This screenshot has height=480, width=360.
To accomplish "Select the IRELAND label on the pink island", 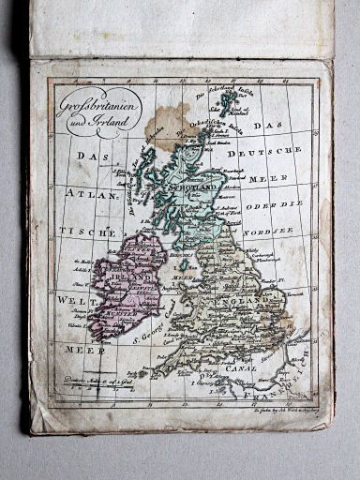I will [128, 278].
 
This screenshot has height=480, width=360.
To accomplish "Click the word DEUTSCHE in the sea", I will [271, 150].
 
